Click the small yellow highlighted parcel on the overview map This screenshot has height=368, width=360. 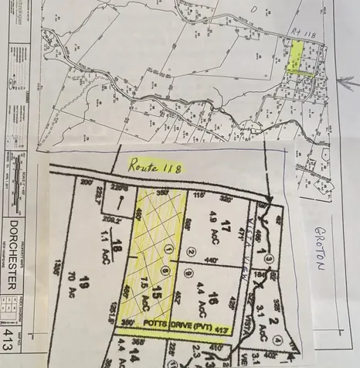click(295, 59)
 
